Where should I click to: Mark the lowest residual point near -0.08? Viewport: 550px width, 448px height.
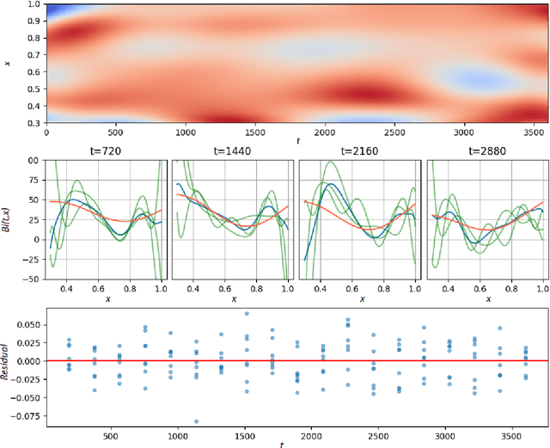[196, 421]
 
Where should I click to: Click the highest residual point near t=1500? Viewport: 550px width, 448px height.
[246, 314]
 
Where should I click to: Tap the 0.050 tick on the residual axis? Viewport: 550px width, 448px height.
[28, 325]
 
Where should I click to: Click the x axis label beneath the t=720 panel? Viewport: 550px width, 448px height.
[107, 299]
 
